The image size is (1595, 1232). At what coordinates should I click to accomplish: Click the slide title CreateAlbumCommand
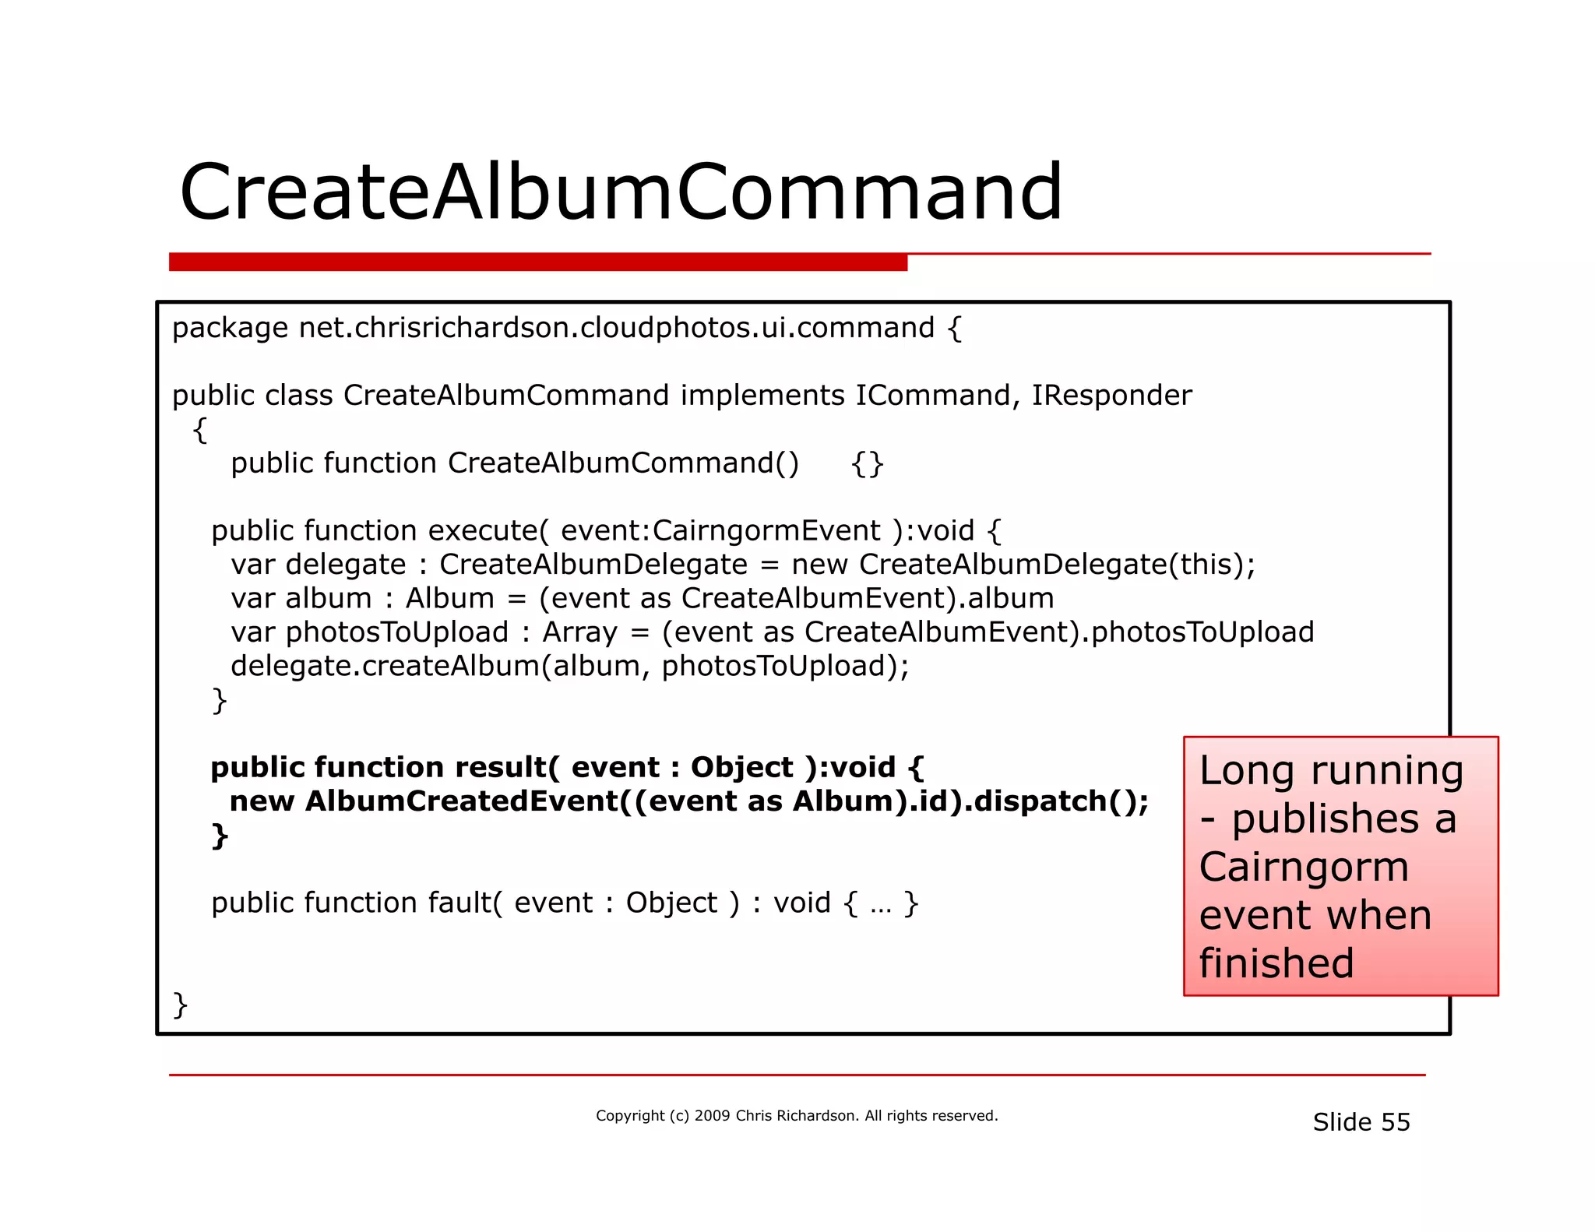click(x=621, y=192)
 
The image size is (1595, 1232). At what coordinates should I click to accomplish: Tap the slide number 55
click(x=1395, y=1122)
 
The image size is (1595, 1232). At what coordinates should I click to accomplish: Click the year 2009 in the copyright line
click(x=712, y=1115)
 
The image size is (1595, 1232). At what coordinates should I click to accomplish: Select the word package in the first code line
click(x=230, y=329)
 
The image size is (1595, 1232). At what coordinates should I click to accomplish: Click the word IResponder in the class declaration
click(x=1111, y=396)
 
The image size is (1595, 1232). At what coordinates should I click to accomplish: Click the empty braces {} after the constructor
click(x=867, y=463)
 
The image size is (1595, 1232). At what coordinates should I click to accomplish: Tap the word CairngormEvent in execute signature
click(x=766, y=531)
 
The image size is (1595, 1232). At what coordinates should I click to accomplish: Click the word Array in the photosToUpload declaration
click(x=579, y=632)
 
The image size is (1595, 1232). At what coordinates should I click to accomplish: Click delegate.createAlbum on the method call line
click(x=385, y=667)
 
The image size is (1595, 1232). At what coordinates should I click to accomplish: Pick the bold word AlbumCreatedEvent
click(x=462, y=801)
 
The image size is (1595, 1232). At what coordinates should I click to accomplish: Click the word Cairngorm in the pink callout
click(x=1304, y=867)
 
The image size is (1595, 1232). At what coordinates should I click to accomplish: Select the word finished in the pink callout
click(x=1276, y=963)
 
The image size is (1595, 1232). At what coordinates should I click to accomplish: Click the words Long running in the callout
click(x=1331, y=771)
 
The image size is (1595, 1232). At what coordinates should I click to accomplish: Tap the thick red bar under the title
click(x=537, y=262)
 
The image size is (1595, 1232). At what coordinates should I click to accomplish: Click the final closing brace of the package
click(x=180, y=1005)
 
